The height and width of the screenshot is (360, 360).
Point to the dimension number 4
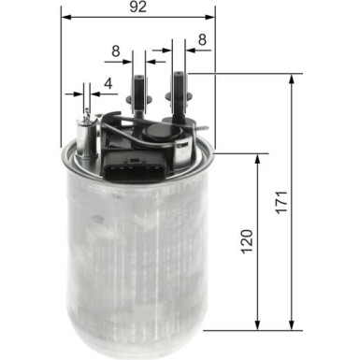click(x=108, y=83)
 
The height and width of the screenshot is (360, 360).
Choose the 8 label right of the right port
click(x=202, y=41)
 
